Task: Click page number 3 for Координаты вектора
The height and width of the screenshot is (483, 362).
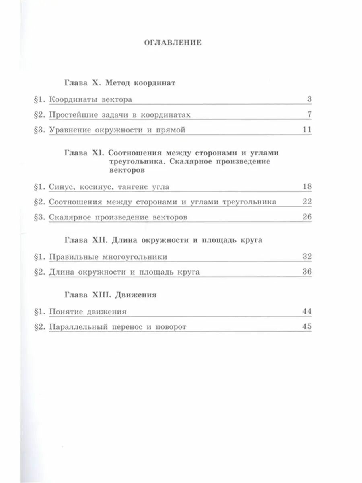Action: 309,99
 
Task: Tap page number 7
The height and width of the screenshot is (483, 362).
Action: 309,115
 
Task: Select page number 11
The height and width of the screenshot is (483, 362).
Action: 306,130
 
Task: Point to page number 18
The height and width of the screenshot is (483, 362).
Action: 306,187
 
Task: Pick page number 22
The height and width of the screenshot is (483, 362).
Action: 306,202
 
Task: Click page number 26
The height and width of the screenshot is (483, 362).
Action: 306,217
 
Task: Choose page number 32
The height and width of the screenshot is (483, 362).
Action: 306,256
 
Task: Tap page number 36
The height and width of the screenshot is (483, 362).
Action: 306,272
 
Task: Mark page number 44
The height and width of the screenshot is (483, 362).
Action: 306,311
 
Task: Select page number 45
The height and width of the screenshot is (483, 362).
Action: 306,326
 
